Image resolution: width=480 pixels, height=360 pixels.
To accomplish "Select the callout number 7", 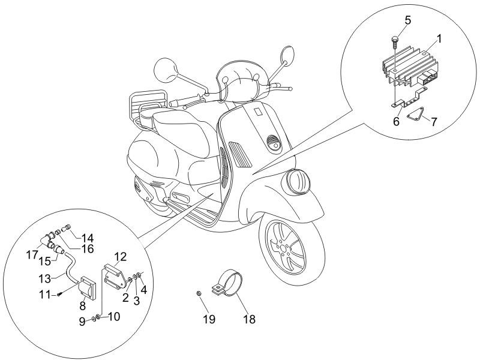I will (434, 122).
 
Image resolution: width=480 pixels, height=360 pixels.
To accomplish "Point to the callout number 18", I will (248, 319).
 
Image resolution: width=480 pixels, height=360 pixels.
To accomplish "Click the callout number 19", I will (208, 319).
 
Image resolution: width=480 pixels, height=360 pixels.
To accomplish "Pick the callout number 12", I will (121, 257).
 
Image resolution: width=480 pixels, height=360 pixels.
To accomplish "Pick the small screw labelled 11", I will (60, 293).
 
